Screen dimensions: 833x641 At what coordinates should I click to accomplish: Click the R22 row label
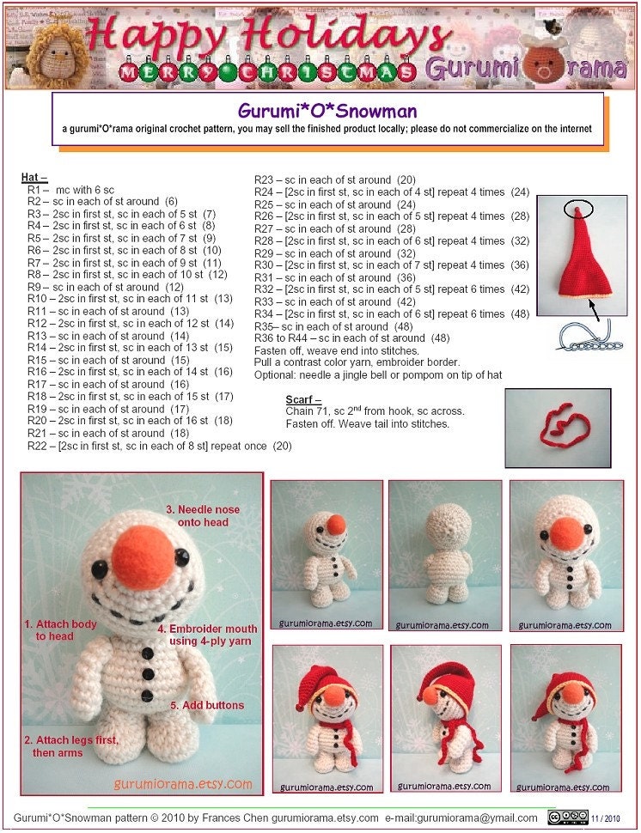(38, 446)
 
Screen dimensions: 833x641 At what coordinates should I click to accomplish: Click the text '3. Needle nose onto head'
(203, 515)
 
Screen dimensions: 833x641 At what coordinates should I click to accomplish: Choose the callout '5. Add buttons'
(206, 705)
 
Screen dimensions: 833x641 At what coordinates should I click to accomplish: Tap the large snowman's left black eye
(100, 568)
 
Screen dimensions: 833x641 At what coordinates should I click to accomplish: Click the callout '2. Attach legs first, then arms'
(70, 746)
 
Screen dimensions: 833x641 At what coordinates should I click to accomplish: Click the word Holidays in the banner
(353, 36)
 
